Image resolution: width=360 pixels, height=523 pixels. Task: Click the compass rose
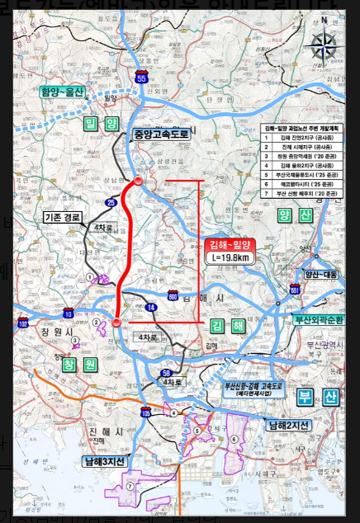coord(324,47)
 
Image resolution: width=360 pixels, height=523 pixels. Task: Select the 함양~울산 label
coord(63,92)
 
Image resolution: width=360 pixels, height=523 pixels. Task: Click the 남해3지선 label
coord(105,460)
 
